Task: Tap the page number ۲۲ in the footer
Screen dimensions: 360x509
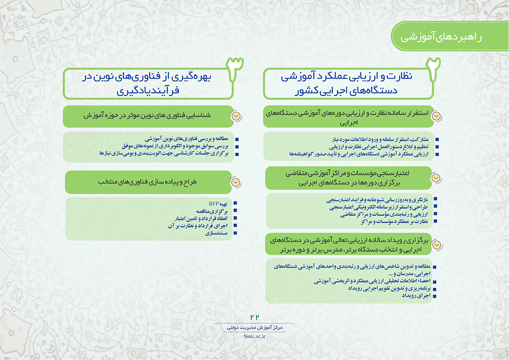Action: click(x=255, y=317)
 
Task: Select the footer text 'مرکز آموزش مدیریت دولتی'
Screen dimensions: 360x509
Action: click(x=254, y=328)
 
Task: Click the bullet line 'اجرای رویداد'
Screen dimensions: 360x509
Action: click(x=415, y=296)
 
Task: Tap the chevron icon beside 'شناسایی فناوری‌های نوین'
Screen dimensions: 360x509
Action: click(x=236, y=115)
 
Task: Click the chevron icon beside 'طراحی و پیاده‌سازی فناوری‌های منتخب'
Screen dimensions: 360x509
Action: click(x=236, y=182)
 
